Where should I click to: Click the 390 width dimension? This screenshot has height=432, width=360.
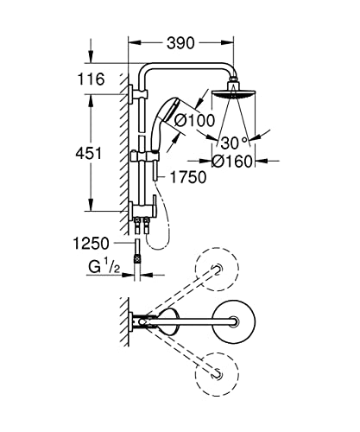click(180, 43)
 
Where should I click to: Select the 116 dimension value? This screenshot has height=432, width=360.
click(91, 79)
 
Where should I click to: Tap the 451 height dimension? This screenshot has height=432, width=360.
click(89, 153)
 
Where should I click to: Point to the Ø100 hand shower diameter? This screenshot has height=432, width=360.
click(194, 120)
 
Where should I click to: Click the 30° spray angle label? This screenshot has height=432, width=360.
click(234, 143)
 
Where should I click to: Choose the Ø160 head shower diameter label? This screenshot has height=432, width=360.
click(232, 162)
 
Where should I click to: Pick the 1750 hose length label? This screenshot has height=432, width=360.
click(188, 177)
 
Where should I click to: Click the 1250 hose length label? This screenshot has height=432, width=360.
click(92, 244)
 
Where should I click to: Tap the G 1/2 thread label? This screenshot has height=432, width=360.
click(104, 267)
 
